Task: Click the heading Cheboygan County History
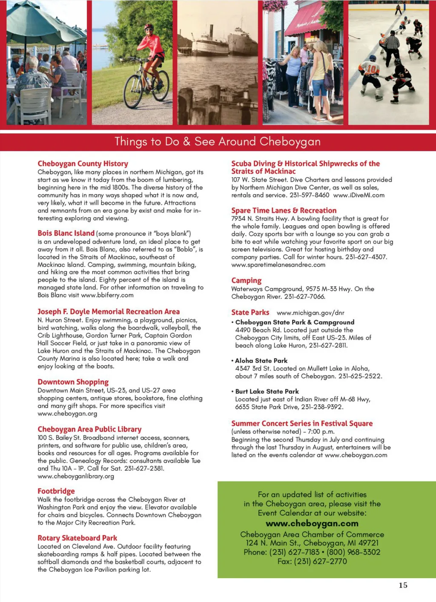(x=83, y=163)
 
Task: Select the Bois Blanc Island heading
(x=66, y=233)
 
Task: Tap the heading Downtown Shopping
(x=73, y=382)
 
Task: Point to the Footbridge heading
(x=56, y=491)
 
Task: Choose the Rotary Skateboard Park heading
(x=77, y=538)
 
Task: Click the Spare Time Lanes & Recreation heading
(x=284, y=210)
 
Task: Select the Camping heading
(x=246, y=281)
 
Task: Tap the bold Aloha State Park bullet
(x=261, y=361)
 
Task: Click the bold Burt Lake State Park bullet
(x=267, y=391)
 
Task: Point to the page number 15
(x=403, y=585)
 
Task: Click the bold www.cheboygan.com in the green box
(x=312, y=523)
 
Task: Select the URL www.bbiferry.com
(x=107, y=295)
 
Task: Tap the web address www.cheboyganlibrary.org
(x=76, y=476)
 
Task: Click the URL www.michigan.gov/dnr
(x=310, y=312)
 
